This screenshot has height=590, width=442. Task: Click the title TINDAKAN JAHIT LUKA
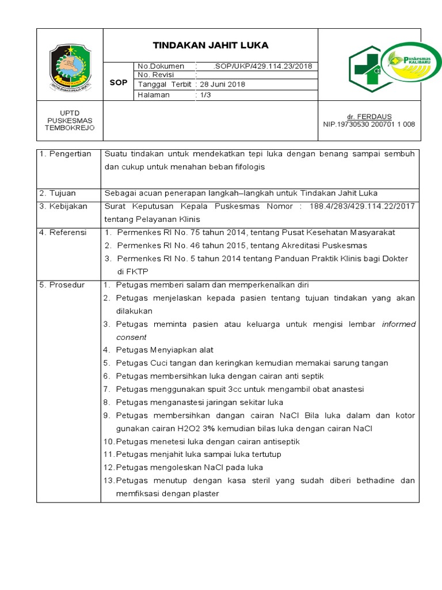point(210,46)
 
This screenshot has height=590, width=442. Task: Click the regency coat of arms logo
point(70,66)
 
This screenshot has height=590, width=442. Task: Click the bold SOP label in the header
point(118,83)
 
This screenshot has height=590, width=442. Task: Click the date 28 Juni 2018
point(222,85)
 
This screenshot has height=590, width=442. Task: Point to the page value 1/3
point(205,95)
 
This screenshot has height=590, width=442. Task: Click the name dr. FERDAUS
point(374,116)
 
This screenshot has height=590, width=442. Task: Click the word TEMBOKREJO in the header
point(70,128)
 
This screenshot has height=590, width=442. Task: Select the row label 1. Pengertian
point(66,154)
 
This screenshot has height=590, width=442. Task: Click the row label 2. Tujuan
point(58,193)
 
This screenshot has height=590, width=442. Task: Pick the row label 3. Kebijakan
point(63,206)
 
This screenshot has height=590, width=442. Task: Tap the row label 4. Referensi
point(63,232)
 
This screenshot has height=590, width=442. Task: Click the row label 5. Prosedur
point(62,285)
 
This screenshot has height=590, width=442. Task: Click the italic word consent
point(131,337)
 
